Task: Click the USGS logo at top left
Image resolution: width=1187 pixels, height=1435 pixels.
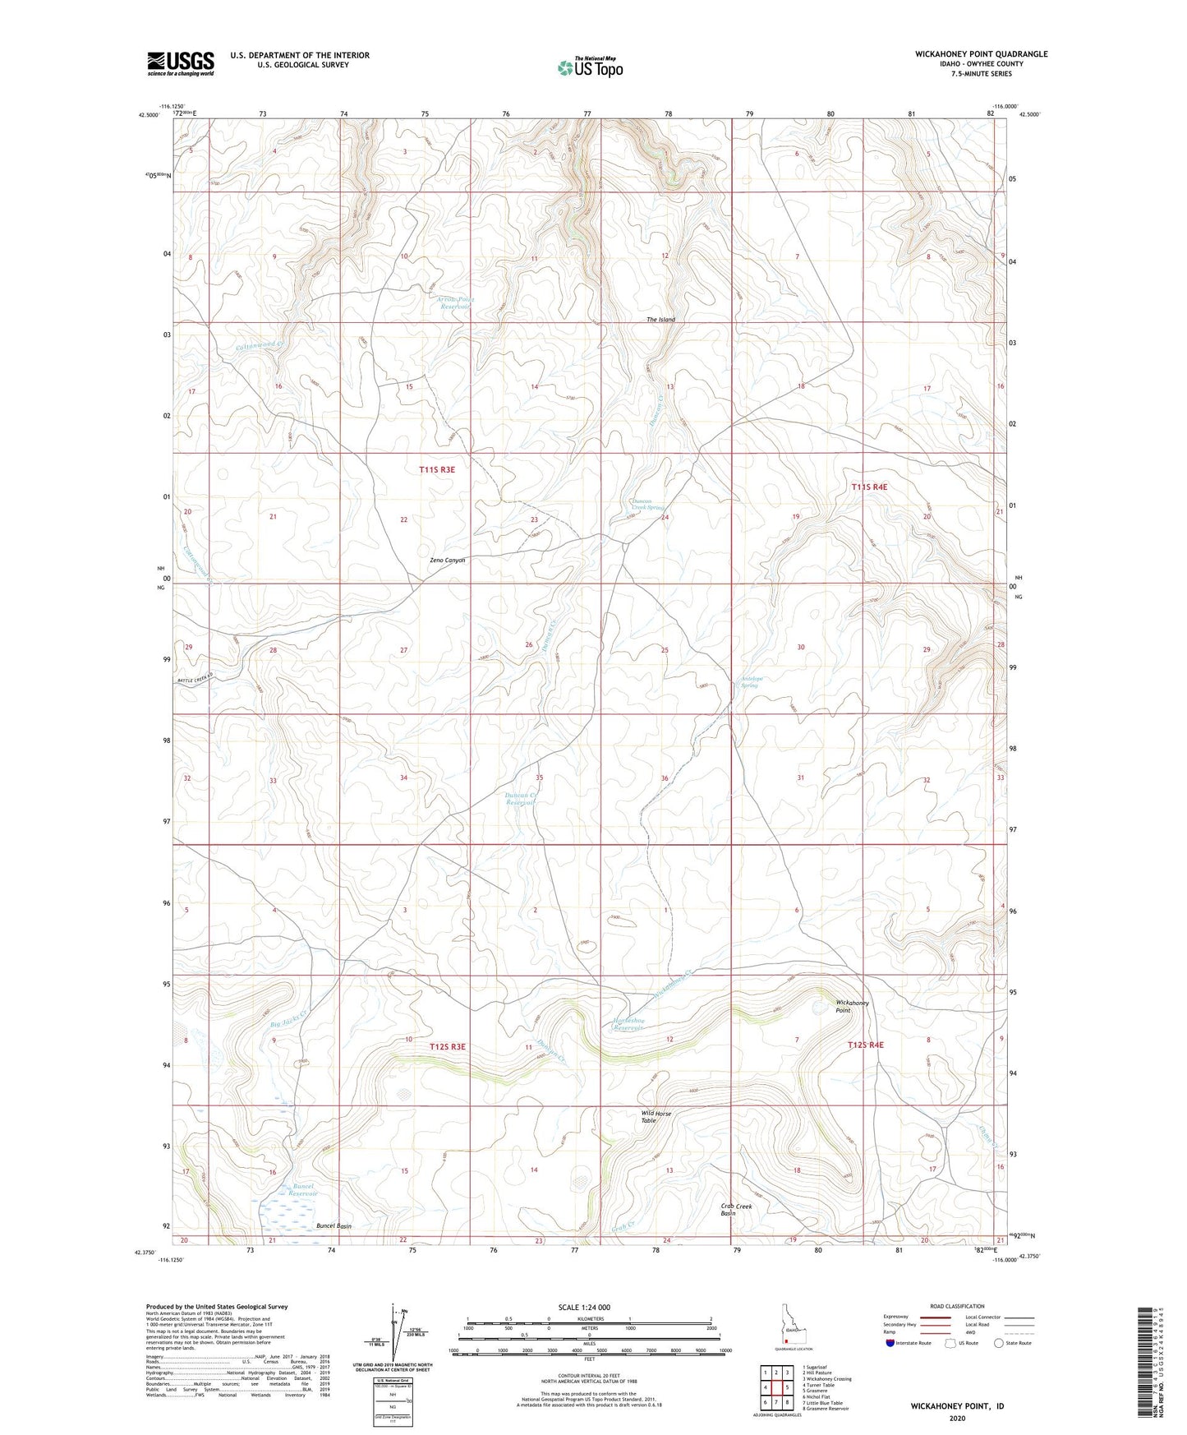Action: coord(181,63)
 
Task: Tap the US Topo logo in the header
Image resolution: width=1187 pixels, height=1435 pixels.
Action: coord(590,67)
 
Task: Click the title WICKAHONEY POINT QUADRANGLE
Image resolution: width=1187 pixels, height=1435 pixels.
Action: coord(981,54)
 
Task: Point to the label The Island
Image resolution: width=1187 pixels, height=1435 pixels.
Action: coord(660,320)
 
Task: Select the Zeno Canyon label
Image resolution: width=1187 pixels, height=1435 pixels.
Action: coord(447,561)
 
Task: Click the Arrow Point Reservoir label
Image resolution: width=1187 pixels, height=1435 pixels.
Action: coord(456,303)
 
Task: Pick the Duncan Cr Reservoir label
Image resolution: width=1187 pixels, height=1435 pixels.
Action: coord(522,798)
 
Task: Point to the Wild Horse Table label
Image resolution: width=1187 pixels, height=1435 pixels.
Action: coord(656,1117)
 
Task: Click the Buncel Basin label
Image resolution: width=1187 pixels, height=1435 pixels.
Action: coord(334,1226)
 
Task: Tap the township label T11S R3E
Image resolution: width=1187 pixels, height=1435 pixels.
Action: coord(436,469)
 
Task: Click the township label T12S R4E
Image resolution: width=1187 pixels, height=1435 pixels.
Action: coord(866,1045)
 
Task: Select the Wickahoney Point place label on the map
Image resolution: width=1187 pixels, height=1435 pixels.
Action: coord(852,1006)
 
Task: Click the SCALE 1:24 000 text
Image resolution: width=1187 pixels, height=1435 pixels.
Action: coord(584,1307)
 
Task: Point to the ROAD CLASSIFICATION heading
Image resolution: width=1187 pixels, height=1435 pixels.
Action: coord(957,1306)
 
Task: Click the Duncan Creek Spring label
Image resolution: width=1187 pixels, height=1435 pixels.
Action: coord(647,504)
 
